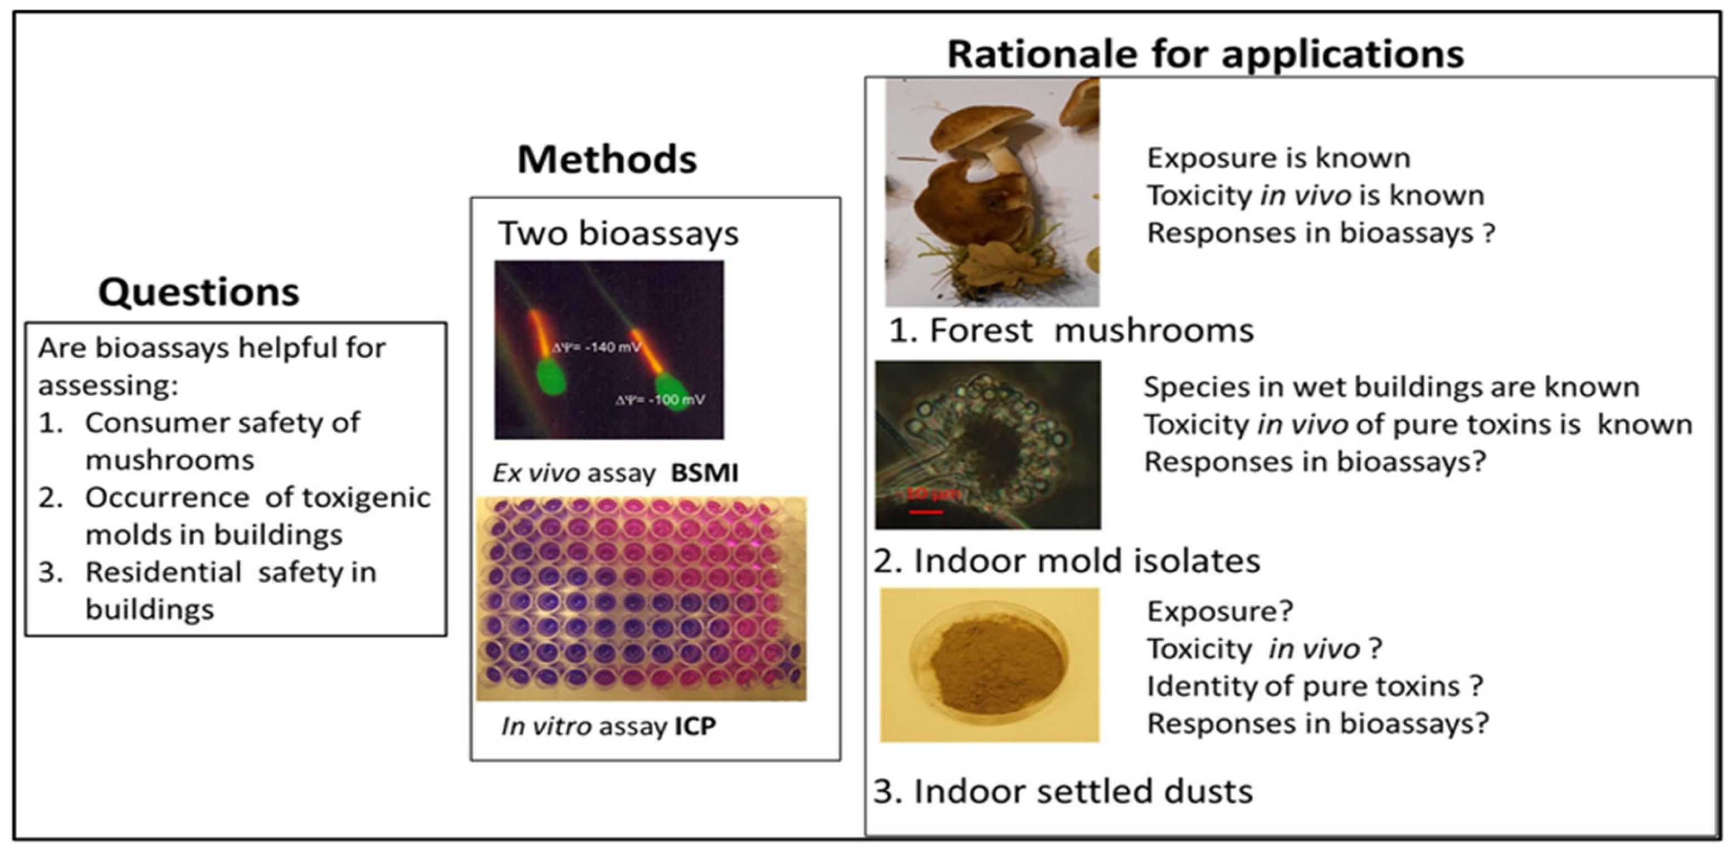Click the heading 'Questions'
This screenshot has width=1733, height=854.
point(198,292)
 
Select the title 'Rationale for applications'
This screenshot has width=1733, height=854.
point(1205,54)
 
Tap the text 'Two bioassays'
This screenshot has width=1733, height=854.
point(618,233)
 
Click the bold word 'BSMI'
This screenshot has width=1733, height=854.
point(704,473)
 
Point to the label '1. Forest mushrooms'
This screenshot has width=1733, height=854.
point(1071,330)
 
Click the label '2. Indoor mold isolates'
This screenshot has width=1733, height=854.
point(1066,560)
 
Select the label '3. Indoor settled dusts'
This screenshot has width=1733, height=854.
point(1063,792)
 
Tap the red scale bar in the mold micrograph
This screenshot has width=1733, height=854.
point(926,512)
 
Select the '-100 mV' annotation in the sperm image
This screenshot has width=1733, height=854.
point(661,400)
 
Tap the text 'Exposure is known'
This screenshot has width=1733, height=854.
point(1278,158)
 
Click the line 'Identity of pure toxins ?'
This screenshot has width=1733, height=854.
point(1315,686)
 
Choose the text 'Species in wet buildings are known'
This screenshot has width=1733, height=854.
point(1391,387)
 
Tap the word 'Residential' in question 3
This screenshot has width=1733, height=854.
point(163,573)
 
